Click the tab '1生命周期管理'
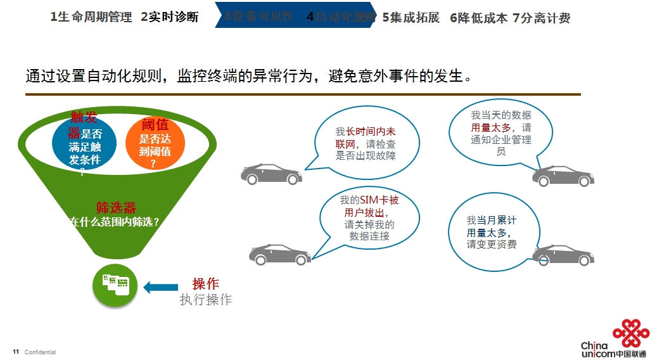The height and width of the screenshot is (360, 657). (91, 18)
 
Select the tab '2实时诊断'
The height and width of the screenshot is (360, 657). (170, 18)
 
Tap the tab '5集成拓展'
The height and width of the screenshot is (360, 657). (411, 18)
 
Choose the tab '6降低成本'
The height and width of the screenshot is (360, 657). (479, 18)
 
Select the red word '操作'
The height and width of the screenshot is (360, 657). (206, 284)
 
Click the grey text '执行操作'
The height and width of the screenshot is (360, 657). (206, 300)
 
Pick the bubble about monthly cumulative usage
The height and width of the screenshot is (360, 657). (491, 233)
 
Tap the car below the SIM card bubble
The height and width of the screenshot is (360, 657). (279, 255)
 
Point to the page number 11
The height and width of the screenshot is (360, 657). (16, 352)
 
